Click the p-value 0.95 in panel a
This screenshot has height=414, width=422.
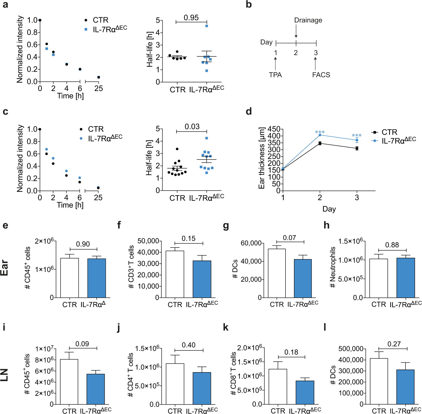pos(191,18)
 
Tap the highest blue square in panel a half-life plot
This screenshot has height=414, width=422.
pos(207,26)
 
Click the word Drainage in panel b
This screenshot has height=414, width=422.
pos(308,20)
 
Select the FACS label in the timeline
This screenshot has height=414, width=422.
pos(321,75)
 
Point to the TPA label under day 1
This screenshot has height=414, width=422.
pos(275,75)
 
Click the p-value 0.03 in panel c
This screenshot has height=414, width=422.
pos(192,127)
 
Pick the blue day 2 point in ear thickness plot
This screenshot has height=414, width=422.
pos(320,135)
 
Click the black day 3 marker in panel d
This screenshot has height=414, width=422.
pos(357,148)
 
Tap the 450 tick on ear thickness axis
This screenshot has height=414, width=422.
pos(274,129)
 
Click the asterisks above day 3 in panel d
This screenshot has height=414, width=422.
pos(357,136)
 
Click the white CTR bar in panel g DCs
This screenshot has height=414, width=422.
pos(277,273)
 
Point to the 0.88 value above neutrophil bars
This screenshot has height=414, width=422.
pos(392,245)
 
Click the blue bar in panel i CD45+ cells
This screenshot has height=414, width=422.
pos(96,389)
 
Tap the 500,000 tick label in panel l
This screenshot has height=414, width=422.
pos(351,349)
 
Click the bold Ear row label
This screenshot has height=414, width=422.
pos(4,268)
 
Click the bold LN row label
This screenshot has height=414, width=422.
pos(4,375)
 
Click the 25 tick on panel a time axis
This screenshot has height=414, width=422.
pos(99,89)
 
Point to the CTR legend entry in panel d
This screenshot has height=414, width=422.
pos(389,132)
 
